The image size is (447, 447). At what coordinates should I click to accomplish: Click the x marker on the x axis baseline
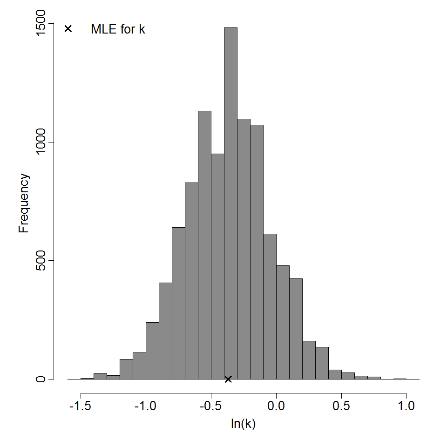click(228, 379)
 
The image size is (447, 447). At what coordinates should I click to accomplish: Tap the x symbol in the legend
click(68, 29)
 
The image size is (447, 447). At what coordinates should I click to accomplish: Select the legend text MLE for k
click(118, 29)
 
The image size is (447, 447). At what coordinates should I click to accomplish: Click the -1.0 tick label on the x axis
click(146, 406)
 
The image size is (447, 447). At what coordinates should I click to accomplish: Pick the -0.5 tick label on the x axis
click(211, 406)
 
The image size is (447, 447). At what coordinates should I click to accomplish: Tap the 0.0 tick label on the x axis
click(276, 406)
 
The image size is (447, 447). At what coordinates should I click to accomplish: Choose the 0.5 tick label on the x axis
click(341, 406)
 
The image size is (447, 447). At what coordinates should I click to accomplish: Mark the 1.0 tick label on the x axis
click(406, 406)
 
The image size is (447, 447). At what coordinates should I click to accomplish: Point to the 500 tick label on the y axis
click(41, 261)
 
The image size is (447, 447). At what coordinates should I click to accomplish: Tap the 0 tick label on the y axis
click(41, 379)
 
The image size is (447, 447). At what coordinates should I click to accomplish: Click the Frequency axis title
click(24, 203)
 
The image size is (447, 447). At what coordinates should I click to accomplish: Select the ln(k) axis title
click(244, 424)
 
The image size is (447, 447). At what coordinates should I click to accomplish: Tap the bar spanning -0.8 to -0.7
click(178, 303)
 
